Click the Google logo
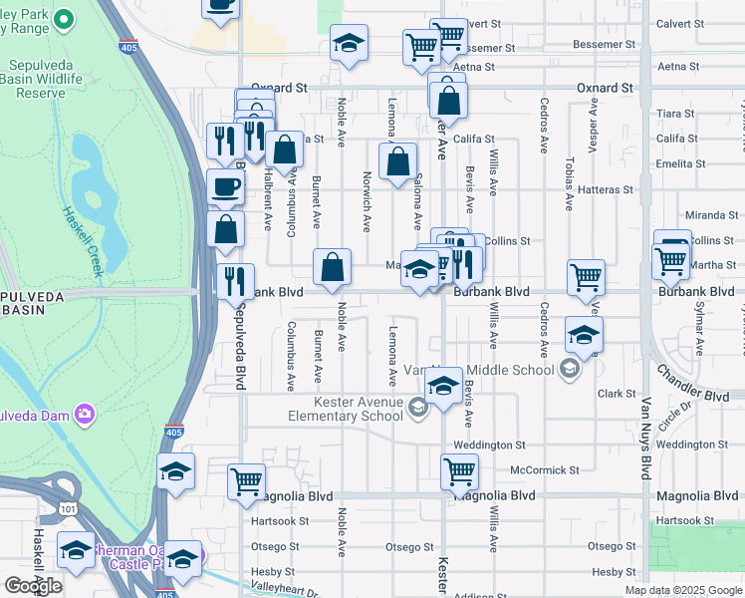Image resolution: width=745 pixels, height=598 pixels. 32,585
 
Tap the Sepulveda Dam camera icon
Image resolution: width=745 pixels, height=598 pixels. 84,413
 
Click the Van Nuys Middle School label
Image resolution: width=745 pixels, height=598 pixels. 478,370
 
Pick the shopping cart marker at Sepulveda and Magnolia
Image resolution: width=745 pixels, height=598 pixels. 246,482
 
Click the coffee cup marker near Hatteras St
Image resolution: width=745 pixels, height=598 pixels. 226,186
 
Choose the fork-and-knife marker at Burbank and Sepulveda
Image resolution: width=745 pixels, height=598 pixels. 235,282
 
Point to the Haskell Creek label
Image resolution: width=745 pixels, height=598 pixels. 84,240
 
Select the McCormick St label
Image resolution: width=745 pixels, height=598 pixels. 544,469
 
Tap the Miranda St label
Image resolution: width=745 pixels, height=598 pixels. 710,215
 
